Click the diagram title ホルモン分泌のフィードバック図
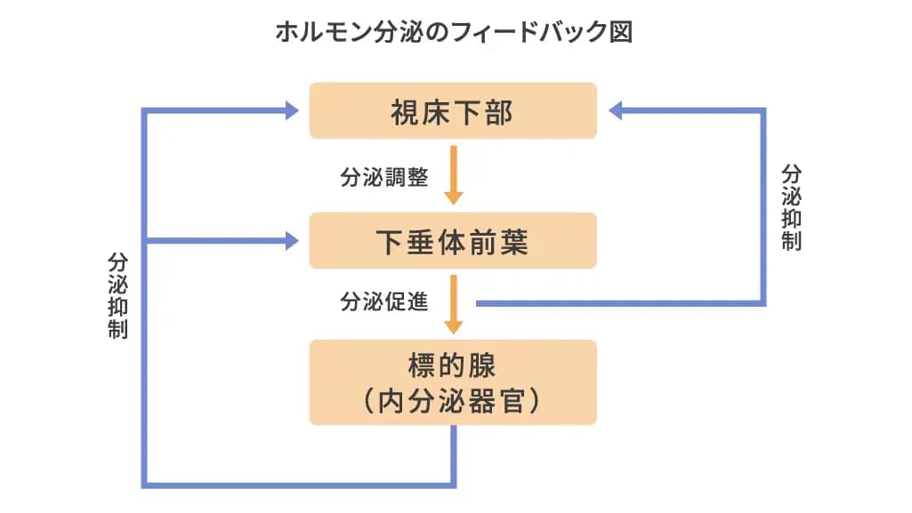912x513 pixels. click(x=454, y=31)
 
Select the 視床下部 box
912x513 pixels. click(x=453, y=110)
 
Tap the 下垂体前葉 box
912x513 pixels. click(x=453, y=241)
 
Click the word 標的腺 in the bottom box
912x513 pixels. click(x=452, y=365)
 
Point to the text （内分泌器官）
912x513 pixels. click(x=452, y=401)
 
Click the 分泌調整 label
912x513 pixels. click(x=383, y=177)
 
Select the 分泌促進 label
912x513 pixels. click(x=383, y=301)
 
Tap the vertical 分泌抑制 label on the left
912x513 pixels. click(x=117, y=296)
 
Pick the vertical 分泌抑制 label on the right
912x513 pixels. click(x=791, y=207)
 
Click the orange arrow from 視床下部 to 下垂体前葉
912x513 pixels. click(x=454, y=175)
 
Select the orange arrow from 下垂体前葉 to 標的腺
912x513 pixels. click(x=454, y=304)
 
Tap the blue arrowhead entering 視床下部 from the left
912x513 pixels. click(x=292, y=110)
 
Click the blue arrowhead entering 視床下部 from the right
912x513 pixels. click(x=616, y=110)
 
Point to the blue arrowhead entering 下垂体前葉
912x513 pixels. click(x=292, y=241)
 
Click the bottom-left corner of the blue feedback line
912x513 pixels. click(x=144, y=485)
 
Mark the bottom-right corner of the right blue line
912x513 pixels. click(x=763, y=303)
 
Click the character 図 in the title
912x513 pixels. click(x=621, y=32)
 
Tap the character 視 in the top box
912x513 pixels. click(x=405, y=112)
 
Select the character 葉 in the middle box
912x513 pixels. click(x=513, y=242)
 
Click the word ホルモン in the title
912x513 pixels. click(x=323, y=32)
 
